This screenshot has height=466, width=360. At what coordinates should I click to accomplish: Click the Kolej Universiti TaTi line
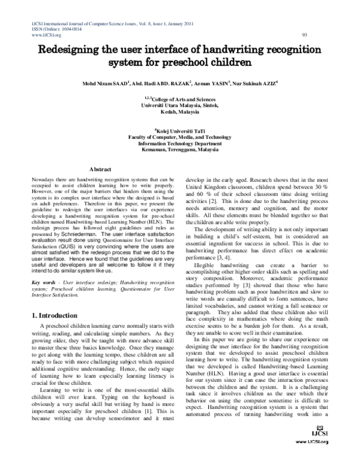point(180,130)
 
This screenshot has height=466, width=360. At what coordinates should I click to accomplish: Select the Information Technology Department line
point(179,144)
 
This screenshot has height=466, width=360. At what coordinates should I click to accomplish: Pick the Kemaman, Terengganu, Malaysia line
point(179,150)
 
